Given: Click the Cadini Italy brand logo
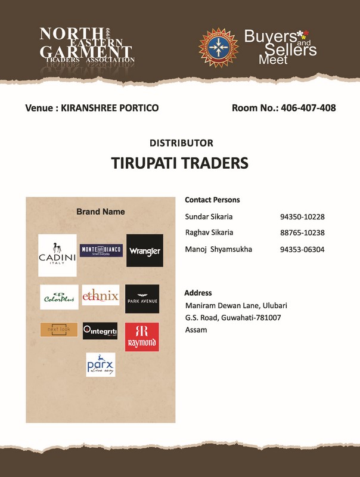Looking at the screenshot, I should [57, 255].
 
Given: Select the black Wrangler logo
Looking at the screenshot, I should [144, 250].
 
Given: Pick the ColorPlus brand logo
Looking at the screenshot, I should [59, 297].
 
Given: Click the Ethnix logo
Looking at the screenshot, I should [100, 295].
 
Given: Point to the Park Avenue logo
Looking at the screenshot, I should [142, 299].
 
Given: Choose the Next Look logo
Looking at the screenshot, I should [58, 330].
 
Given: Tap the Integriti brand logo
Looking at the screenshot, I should [100, 330].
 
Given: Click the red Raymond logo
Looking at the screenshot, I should [142, 337].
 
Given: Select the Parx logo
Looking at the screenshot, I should [100, 364].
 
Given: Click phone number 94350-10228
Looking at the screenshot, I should [302, 217].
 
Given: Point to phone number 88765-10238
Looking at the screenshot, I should [302, 233].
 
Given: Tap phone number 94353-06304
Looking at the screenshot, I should [302, 249].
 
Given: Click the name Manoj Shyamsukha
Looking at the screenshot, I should [218, 249].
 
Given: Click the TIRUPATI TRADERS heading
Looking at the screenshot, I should [179, 163].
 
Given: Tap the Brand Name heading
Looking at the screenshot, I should [100, 212].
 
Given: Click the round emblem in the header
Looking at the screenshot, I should [218, 44].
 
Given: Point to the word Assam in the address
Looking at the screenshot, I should [196, 330].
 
